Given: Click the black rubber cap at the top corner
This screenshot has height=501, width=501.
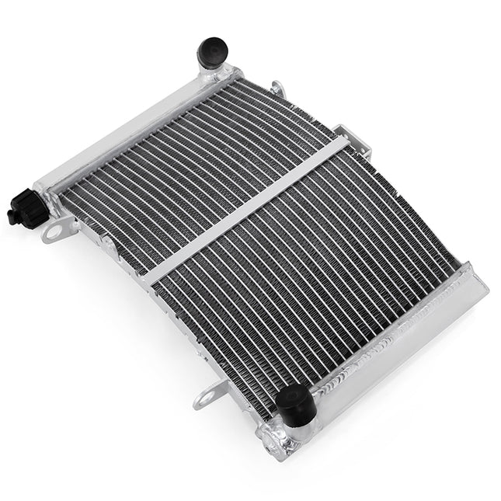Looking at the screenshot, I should pos(212,53).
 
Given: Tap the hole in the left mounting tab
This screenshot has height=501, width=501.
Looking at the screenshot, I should pos(54,231).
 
